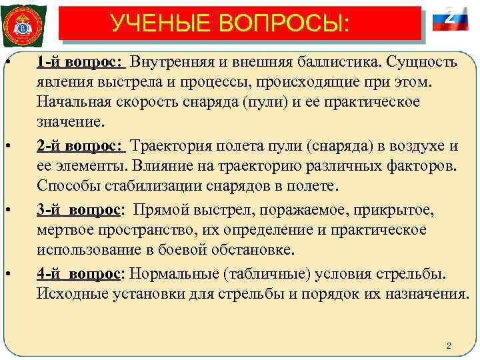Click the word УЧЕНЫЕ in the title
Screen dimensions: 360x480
pos(159,25)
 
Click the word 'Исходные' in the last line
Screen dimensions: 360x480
pos(67,295)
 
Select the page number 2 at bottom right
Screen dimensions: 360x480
pos(449,346)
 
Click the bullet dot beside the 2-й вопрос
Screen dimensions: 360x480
pos(7,147)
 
